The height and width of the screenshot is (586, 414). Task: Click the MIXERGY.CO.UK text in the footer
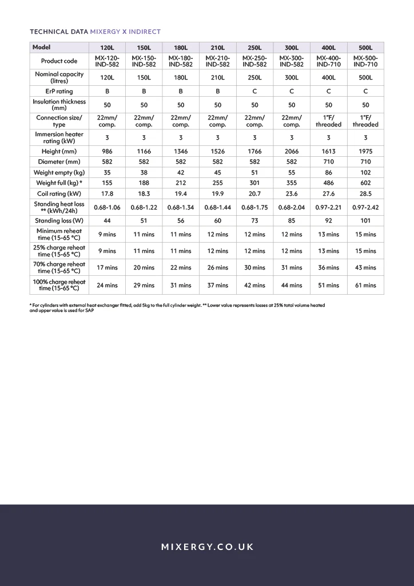click(207, 547)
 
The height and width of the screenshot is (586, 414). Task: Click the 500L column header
click(365, 47)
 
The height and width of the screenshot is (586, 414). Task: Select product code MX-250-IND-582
click(254, 61)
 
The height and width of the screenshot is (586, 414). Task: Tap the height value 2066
click(292, 152)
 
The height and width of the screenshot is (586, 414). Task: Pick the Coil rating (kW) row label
click(59, 193)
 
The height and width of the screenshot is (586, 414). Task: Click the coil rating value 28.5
click(365, 193)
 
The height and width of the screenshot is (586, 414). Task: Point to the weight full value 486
click(329, 183)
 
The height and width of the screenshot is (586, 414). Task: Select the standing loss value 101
click(365, 220)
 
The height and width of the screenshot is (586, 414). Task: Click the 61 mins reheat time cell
click(365, 285)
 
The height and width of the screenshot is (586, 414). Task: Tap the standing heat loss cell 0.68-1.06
click(107, 207)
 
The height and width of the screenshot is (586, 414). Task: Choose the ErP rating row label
click(59, 91)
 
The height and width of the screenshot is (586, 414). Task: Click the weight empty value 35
click(107, 172)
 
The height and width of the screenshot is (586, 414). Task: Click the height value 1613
click(329, 152)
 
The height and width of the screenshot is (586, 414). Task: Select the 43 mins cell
click(365, 267)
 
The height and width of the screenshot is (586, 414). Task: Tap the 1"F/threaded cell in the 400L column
click(329, 121)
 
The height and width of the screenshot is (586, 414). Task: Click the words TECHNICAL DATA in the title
click(59, 32)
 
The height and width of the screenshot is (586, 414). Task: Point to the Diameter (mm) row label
click(59, 162)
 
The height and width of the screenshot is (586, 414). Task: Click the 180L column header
click(181, 47)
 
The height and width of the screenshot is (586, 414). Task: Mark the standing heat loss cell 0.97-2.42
click(365, 207)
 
